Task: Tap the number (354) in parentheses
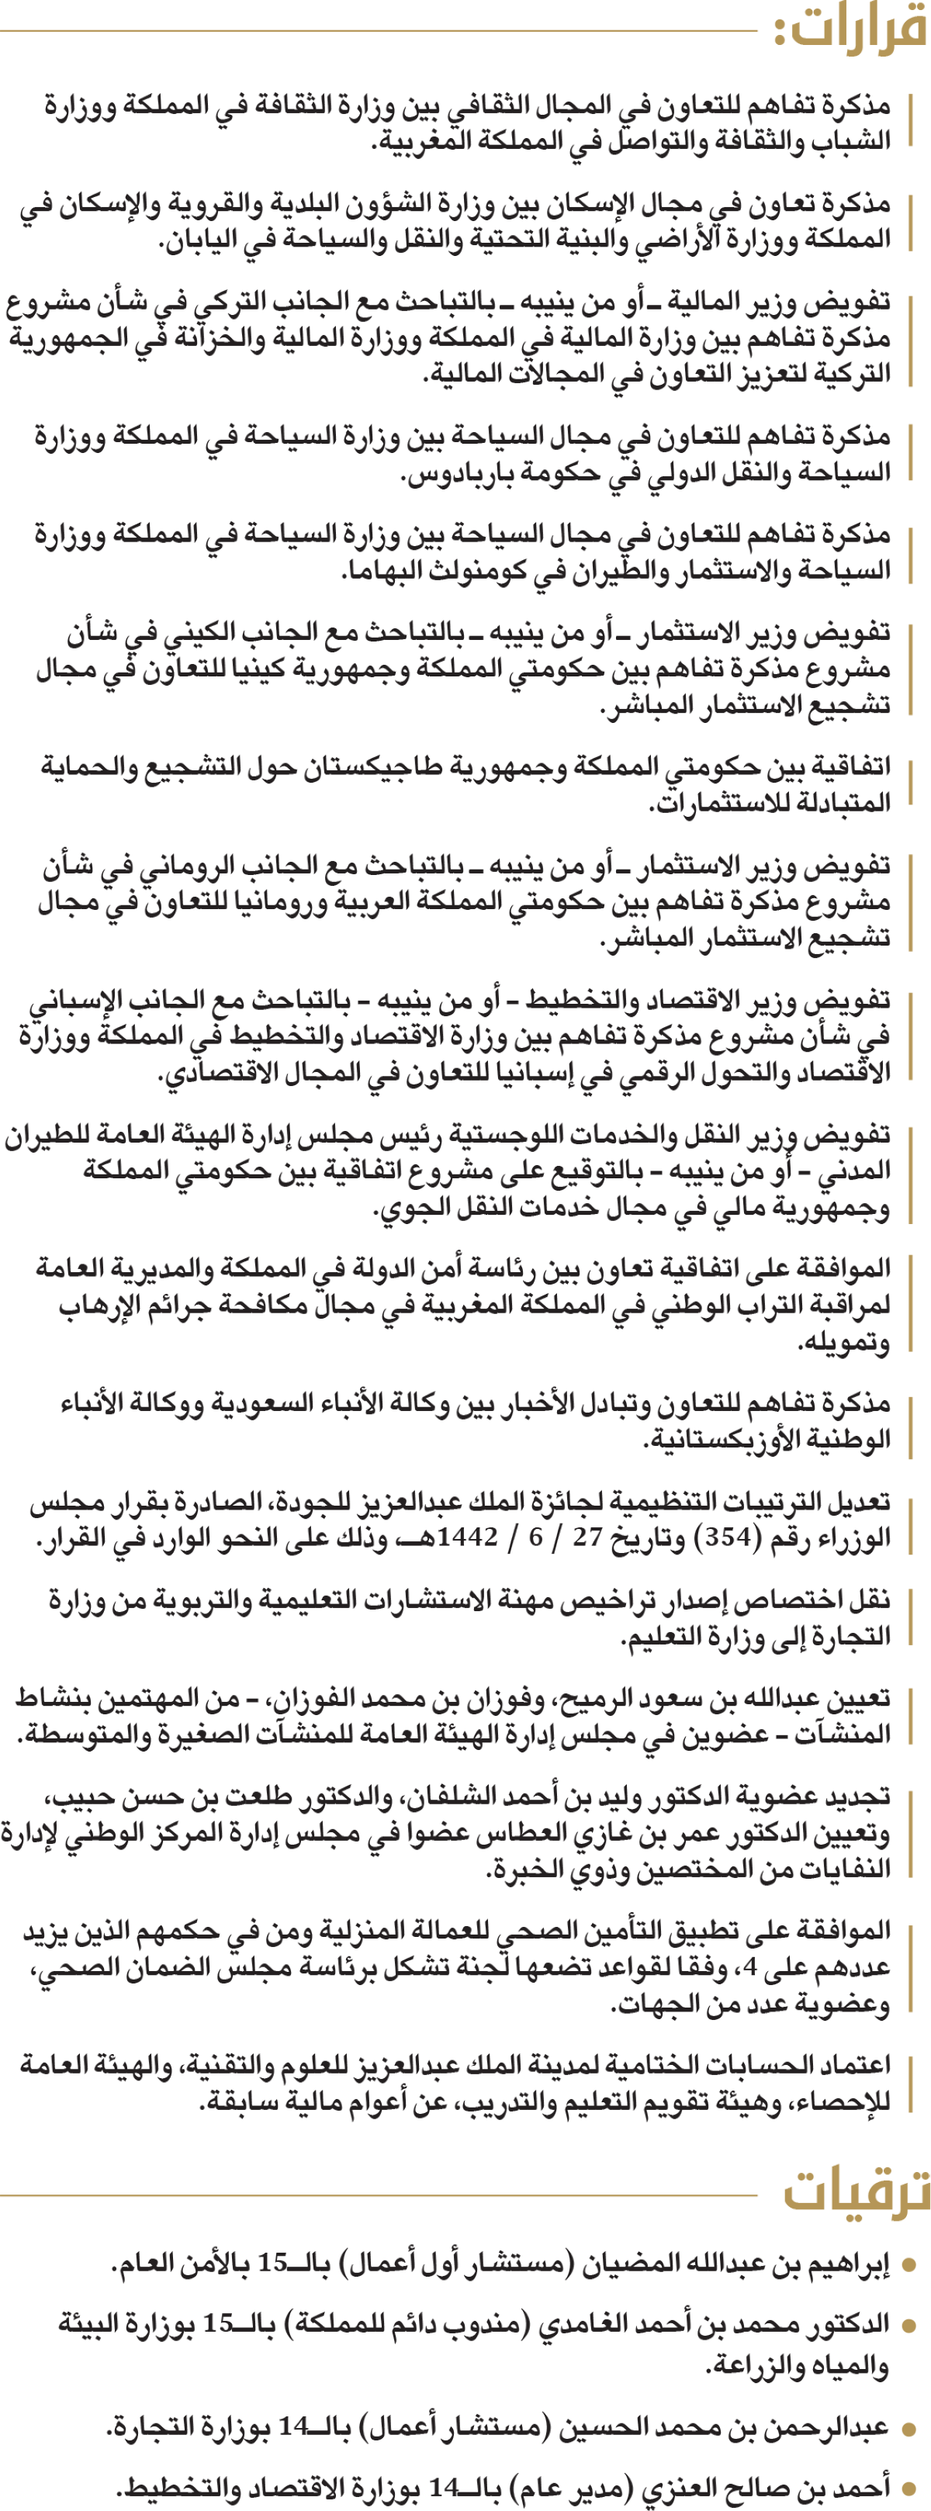pyautogui.click(x=725, y=1537)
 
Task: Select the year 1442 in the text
pyautogui.click(x=469, y=1537)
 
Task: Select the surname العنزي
pyautogui.click(x=683, y=2488)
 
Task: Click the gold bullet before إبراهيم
pyautogui.click(x=909, y=2265)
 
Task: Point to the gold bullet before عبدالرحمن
pyautogui.click(x=909, y=2428)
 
